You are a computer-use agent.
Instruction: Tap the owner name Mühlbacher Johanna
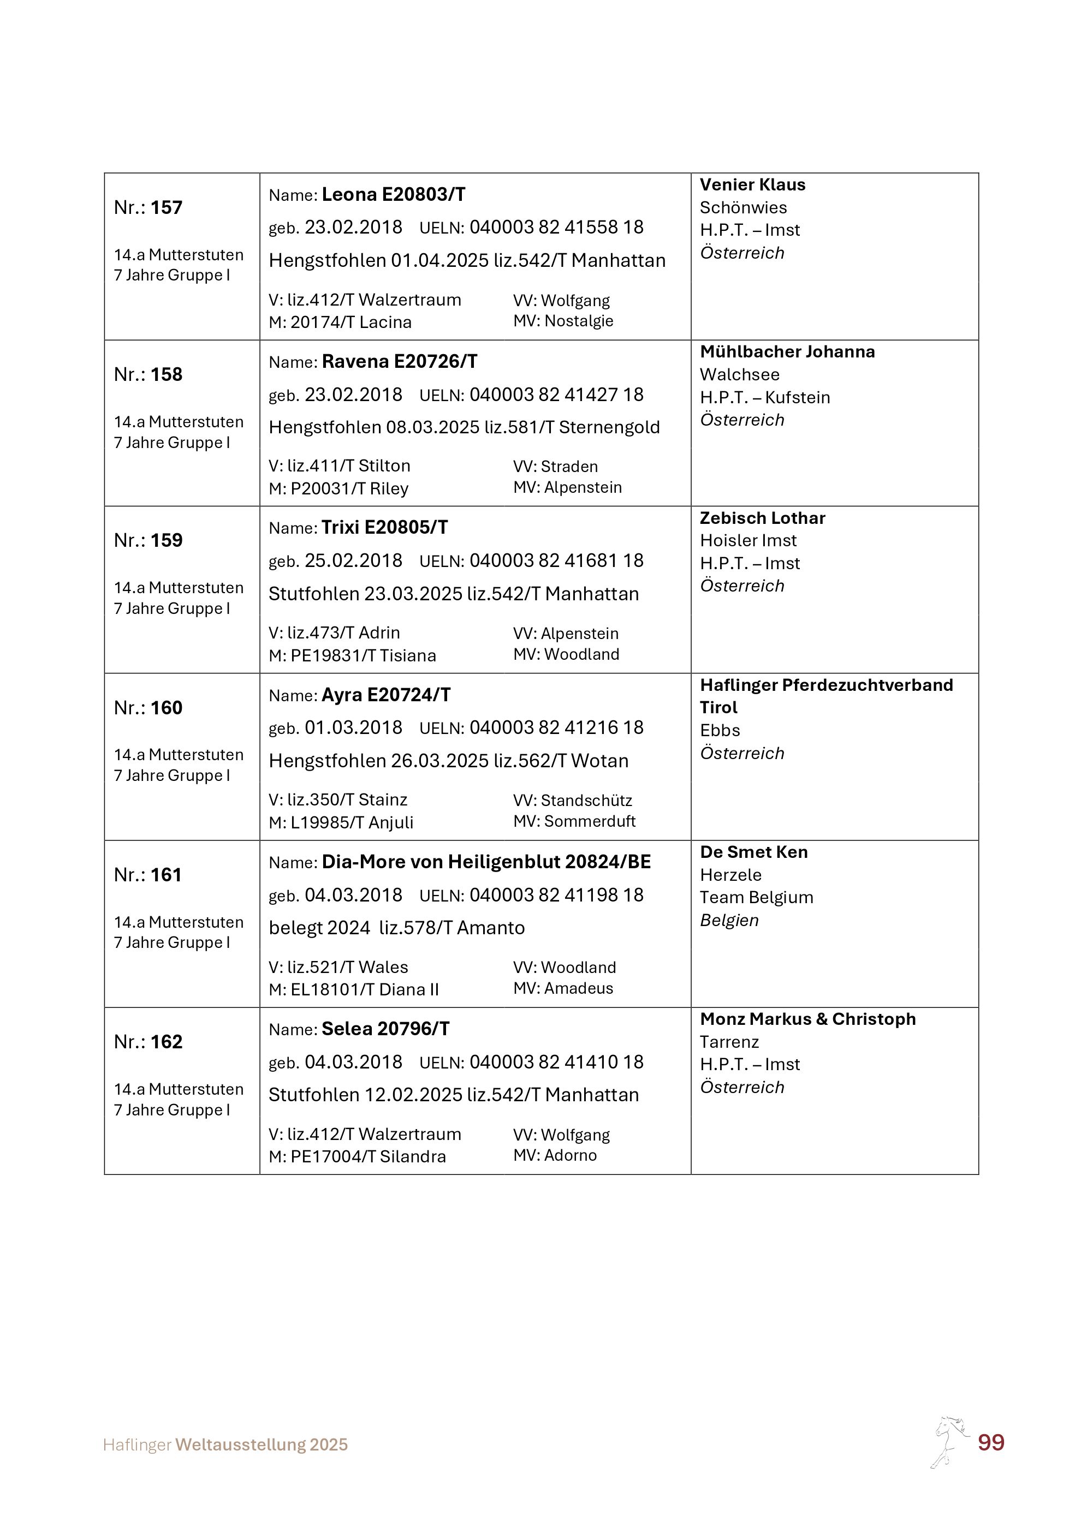coord(787,351)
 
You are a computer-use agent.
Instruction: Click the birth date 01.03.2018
coord(353,727)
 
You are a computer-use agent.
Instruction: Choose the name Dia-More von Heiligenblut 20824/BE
coord(486,862)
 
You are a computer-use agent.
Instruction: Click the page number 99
coord(990,1442)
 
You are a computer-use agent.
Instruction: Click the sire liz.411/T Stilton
coord(348,466)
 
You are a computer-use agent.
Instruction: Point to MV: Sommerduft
coord(574,821)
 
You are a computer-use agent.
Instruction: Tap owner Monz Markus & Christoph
coord(807,1019)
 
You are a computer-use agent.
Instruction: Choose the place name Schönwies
coord(743,207)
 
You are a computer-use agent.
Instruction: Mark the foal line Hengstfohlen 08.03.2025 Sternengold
coord(464,427)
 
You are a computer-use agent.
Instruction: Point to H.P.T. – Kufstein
coord(765,397)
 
